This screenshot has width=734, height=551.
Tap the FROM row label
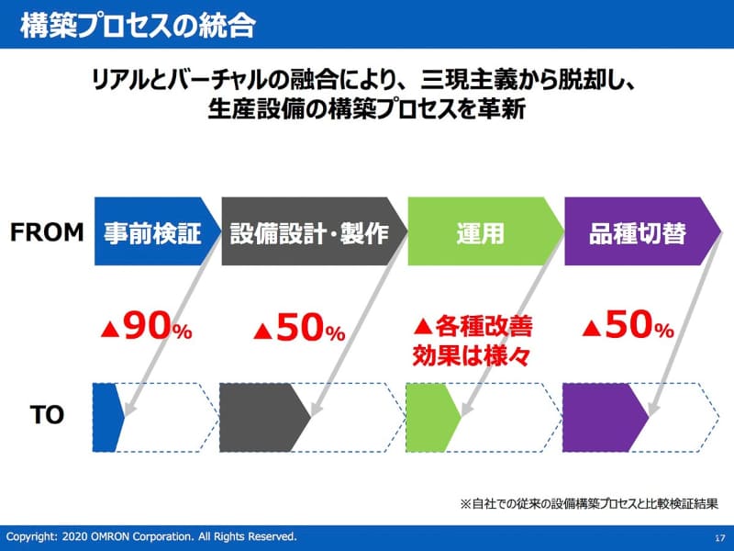click(x=47, y=231)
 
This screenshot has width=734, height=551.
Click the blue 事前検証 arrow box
click(x=152, y=232)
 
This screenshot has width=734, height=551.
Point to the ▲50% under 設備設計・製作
click(x=298, y=328)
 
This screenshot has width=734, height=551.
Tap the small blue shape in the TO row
click(x=106, y=415)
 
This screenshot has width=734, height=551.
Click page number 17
click(x=718, y=536)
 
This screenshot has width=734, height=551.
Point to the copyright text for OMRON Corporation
click(x=151, y=535)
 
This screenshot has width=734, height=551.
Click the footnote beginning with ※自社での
click(x=587, y=503)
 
